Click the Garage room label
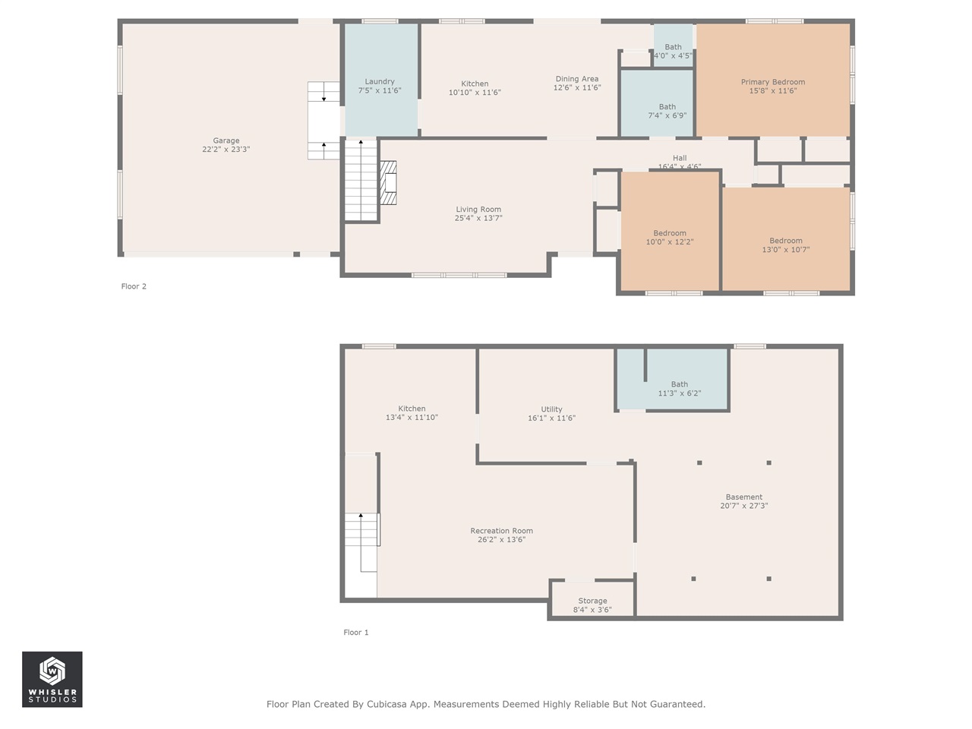point(226,140)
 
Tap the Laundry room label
point(380,81)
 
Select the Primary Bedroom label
point(772,82)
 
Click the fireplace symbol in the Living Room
point(388,182)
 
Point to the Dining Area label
point(577,79)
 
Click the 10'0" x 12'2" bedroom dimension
point(670,242)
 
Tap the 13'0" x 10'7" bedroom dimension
point(786,250)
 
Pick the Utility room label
point(551,409)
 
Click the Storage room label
point(592,601)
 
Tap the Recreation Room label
point(501,531)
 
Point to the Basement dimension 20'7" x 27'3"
point(744,506)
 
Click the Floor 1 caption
point(356,633)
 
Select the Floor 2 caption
point(134,286)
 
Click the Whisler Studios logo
point(52,679)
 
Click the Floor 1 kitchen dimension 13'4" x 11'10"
point(412,418)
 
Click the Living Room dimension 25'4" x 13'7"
point(478,219)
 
